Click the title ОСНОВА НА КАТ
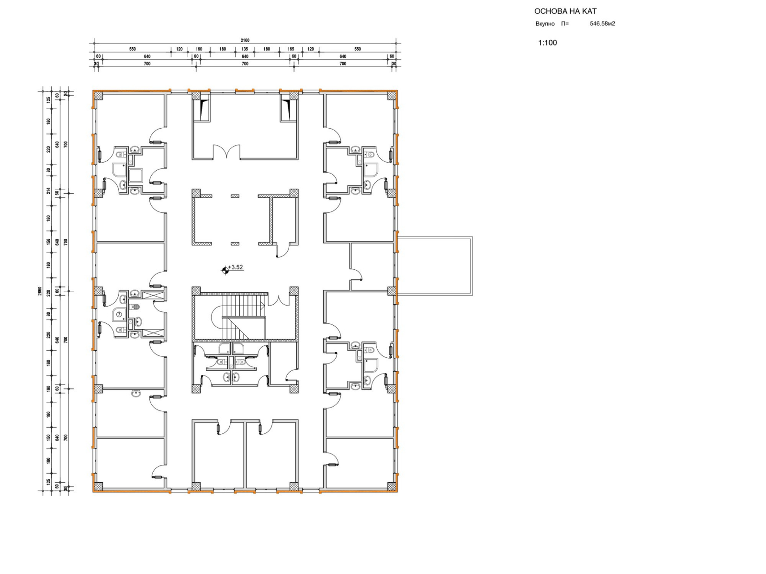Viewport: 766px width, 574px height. point(565,11)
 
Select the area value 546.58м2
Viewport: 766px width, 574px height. point(602,24)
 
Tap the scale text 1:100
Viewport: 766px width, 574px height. point(547,43)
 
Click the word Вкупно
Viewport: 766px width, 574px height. point(545,24)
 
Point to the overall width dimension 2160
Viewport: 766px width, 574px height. point(245,41)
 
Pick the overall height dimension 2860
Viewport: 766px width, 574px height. point(40,291)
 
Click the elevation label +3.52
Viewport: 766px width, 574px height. point(236,267)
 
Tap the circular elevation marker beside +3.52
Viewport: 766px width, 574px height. point(225,270)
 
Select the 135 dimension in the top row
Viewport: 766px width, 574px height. point(245,49)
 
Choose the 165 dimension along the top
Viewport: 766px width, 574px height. point(291,49)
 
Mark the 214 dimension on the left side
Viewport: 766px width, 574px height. point(48,191)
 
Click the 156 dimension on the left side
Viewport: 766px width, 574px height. point(48,241)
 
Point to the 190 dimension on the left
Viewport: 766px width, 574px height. point(48,388)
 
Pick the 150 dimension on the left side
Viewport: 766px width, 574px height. point(48,437)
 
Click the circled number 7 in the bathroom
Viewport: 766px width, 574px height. point(119,314)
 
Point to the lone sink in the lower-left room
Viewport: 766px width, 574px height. point(136,394)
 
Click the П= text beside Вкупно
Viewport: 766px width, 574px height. point(565,24)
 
